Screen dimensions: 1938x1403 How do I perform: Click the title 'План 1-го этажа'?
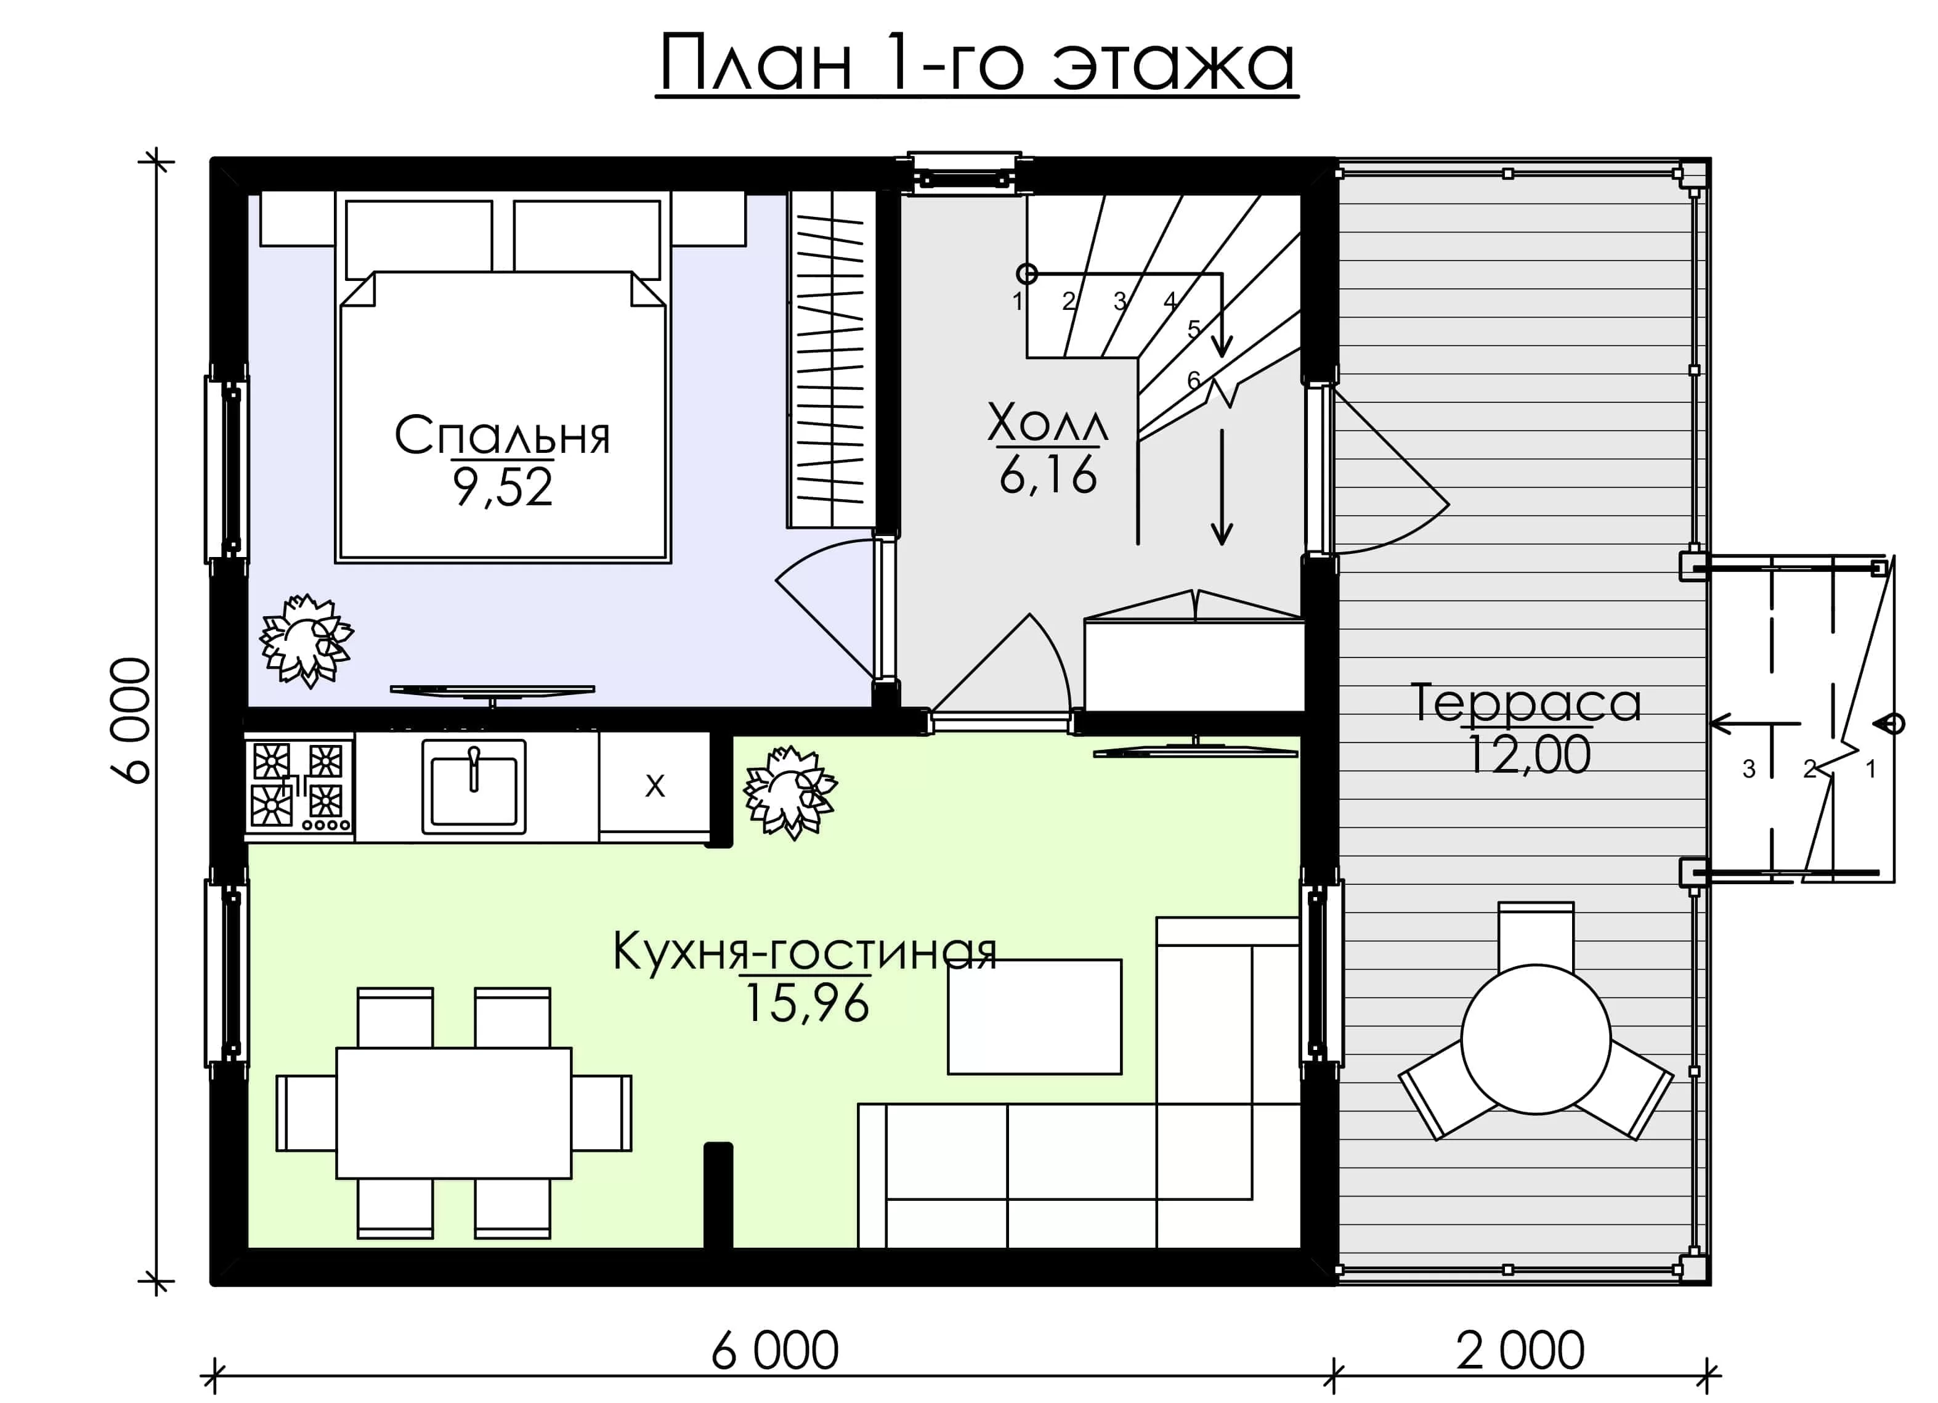point(976,64)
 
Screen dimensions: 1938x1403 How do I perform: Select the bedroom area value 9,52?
point(503,489)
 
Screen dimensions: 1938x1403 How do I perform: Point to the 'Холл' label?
point(1048,422)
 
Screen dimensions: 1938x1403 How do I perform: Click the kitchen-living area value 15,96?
point(806,1003)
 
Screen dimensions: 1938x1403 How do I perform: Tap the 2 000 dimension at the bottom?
point(1520,1351)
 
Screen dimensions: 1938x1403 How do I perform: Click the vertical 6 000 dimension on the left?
point(130,720)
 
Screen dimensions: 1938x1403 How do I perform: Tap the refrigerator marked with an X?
point(655,786)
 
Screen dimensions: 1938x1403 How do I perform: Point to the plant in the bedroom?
point(306,641)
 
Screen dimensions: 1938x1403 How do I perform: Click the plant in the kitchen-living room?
point(790,793)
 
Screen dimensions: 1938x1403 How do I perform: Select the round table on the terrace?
point(1536,1039)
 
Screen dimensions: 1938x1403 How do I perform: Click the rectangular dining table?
point(454,1113)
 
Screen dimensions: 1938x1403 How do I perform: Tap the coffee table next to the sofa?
point(1034,1016)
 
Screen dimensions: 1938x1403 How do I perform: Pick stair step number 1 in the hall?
point(1018,301)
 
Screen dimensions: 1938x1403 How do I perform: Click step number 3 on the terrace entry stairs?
point(1749,769)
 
